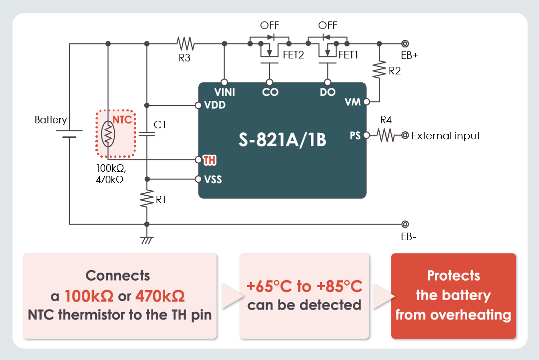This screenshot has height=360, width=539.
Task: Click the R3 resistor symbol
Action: tap(185, 43)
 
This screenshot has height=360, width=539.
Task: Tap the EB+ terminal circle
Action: tap(405, 43)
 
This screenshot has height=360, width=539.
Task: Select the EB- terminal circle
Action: tap(405, 224)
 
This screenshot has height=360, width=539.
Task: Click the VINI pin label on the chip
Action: tap(225, 92)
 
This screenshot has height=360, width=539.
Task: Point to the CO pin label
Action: tap(270, 92)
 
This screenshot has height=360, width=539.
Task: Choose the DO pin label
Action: tap(328, 92)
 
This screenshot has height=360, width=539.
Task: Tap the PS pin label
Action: tap(355, 135)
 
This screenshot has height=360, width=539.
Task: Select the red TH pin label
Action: tap(210, 160)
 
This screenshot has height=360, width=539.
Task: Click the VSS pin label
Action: tap(213, 179)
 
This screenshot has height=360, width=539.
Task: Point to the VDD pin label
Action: tap(215, 105)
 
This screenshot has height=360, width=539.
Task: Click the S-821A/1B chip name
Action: tap(282, 140)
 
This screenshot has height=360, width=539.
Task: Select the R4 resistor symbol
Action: tap(386, 135)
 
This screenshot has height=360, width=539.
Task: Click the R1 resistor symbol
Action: tap(147, 200)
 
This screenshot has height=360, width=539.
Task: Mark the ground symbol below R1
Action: tap(147, 241)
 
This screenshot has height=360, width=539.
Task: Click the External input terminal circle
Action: tap(405, 135)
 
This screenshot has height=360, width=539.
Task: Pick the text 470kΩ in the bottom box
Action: tap(160, 296)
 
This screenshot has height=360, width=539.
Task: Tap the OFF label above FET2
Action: tap(269, 25)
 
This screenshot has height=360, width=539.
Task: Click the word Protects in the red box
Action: tap(453, 276)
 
